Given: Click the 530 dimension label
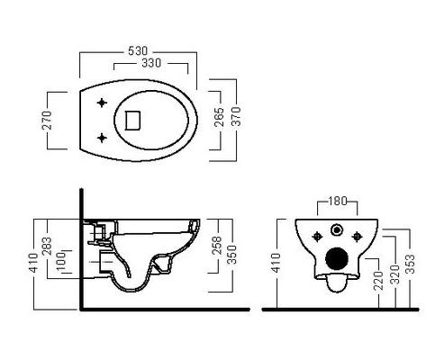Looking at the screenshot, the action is click(x=138, y=50).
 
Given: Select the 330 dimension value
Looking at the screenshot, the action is click(x=151, y=63).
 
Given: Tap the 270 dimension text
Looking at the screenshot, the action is click(x=47, y=120).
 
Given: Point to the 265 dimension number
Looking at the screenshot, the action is click(x=220, y=117).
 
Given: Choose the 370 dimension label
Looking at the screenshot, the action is click(x=236, y=116).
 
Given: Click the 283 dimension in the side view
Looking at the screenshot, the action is click(x=47, y=246).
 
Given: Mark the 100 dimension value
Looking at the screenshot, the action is click(x=60, y=261).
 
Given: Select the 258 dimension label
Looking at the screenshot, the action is click(x=217, y=246).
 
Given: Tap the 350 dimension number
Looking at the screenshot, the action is click(x=231, y=255).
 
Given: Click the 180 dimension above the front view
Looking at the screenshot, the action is click(x=338, y=201).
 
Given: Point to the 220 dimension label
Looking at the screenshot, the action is click(x=379, y=280).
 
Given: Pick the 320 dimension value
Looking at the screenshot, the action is click(x=395, y=274).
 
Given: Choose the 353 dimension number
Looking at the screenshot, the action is click(x=410, y=264).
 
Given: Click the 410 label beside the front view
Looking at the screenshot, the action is click(x=276, y=263).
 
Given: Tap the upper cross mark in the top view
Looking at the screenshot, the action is click(x=102, y=103).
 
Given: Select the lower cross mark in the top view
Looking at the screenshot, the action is click(x=102, y=138).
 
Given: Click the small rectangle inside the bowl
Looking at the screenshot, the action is click(x=132, y=120).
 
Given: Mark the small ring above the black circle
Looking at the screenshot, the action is click(x=337, y=230).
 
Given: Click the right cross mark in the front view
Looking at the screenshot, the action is click(x=357, y=237).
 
